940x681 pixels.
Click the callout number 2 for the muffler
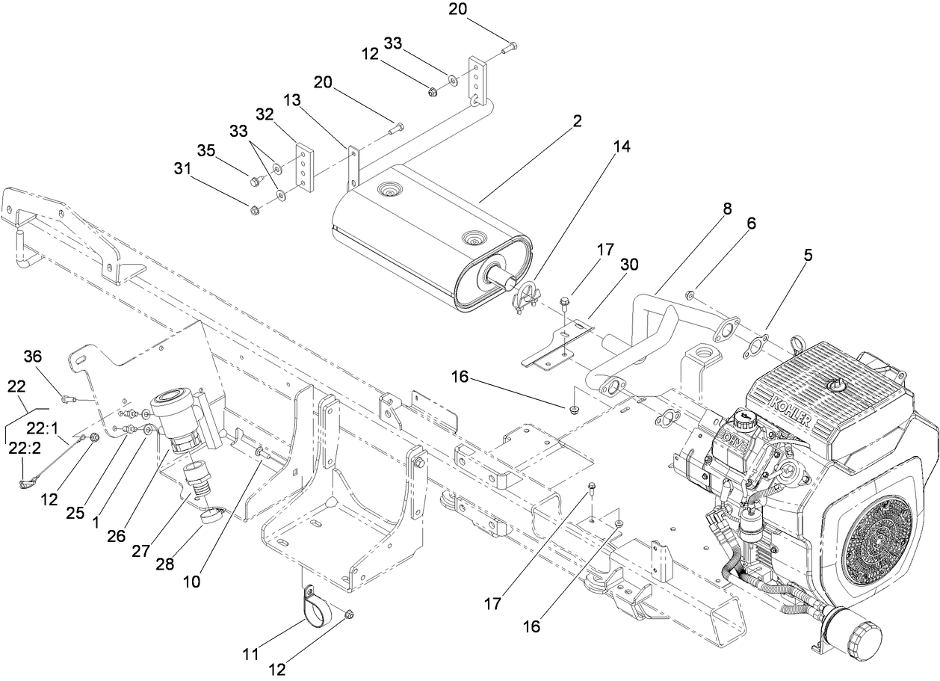(x=577, y=120)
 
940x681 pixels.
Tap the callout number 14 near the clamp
(x=622, y=147)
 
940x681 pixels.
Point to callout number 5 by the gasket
(x=807, y=255)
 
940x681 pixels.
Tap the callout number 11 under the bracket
(x=252, y=655)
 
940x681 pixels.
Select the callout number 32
(x=265, y=114)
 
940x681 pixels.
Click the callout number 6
(x=751, y=223)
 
